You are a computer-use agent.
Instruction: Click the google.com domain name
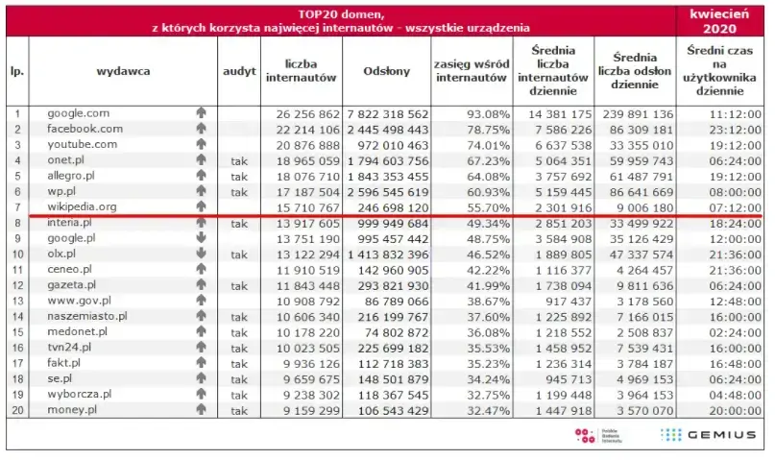click(79, 113)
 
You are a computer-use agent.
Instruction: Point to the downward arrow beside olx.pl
click(201, 254)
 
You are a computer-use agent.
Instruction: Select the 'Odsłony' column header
click(387, 71)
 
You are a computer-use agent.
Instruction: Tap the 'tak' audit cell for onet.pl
click(239, 160)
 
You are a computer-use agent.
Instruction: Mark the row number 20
click(16, 410)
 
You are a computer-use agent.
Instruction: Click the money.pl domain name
click(73, 410)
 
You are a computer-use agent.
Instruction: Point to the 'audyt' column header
click(239, 71)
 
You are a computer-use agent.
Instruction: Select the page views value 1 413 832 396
click(388, 254)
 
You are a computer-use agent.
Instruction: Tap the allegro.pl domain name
click(75, 176)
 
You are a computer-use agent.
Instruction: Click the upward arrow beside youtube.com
click(201, 145)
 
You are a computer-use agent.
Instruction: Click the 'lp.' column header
click(16, 71)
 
